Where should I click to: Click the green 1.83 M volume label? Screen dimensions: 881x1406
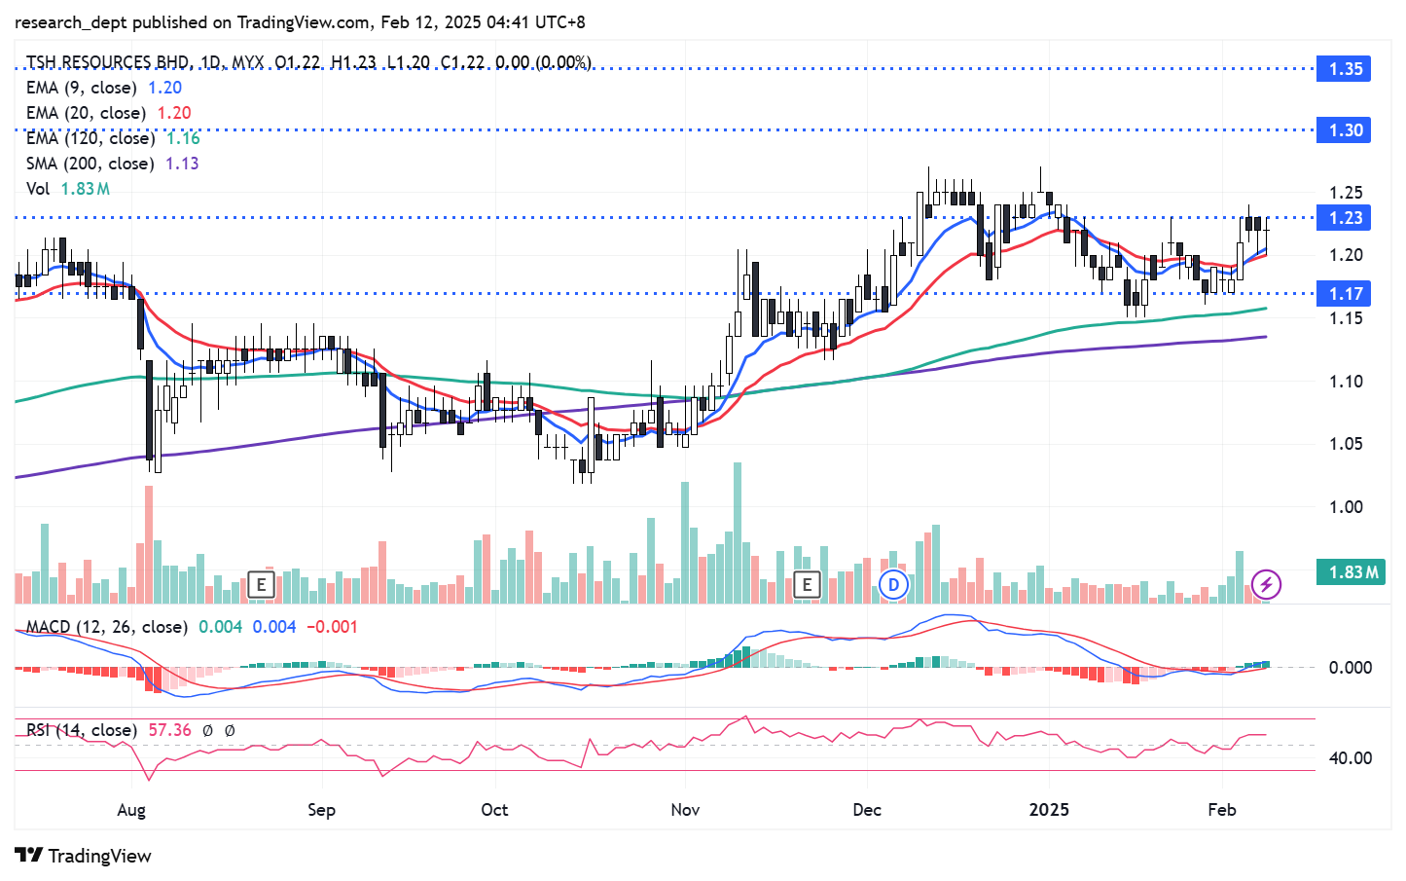point(1352,572)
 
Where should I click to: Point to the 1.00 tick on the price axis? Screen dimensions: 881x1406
point(1346,507)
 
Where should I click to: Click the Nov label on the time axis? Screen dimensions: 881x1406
point(685,810)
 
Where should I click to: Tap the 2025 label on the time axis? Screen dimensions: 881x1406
point(1049,810)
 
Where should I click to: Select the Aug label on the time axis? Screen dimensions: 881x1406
point(131,810)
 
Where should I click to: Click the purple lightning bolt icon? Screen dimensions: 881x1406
point(1265,584)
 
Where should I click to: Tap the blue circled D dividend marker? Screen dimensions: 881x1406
point(893,584)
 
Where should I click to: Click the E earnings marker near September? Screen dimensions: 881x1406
point(260,584)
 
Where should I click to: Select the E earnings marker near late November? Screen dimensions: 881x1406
point(807,584)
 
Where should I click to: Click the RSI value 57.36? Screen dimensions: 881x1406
point(169,730)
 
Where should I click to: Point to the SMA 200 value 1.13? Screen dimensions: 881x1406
point(182,164)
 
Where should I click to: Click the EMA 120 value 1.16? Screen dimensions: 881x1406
point(183,138)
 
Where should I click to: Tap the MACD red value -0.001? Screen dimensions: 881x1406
point(332,627)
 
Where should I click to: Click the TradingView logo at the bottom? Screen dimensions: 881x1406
point(84,856)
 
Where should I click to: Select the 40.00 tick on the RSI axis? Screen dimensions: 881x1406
point(1351,758)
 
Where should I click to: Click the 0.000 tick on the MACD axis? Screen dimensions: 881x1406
point(1351,668)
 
